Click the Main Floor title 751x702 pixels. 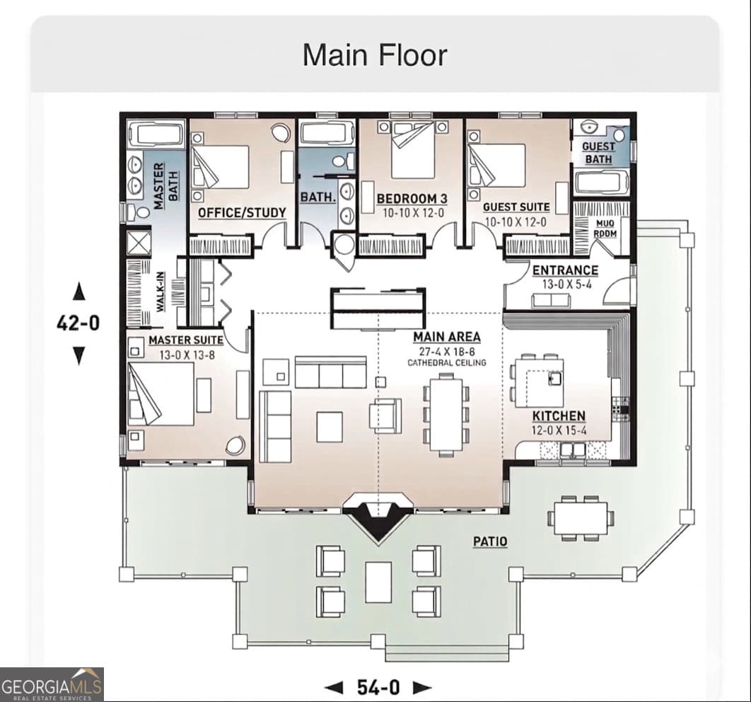pyautogui.click(x=375, y=54)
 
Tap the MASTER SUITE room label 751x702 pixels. pyautogui.click(x=185, y=340)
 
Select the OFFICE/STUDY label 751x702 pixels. pyautogui.click(x=242, y=212)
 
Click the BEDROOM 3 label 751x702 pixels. pyautogui.click(x=412, y=199)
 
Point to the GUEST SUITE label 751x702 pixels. pyautogui.click(x=516, y=207)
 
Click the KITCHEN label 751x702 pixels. pyautogui.click(x=559, y=415)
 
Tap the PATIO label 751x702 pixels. pyautogui.click(x=490, y=541)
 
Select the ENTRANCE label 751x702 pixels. pyautogui.click(x=565, y=270)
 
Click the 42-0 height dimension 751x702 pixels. pyautogui.click(x=78, y=323)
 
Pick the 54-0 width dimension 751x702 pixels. pyautogui.click(x=378, y=686)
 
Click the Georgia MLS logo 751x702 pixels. pyautogui.click(x=52, y=684)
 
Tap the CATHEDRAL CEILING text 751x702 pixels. pyautogui.click(x=446, y=363)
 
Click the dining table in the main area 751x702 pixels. pyautogui.click(x=446, y=415)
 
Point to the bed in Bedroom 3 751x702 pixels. pyautogui.click(x=412, y=150)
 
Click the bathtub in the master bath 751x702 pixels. pyautogui.click(x=156, y=134)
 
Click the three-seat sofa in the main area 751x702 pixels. pyautogui.click(x=330, y=372)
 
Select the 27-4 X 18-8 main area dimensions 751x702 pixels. pyautogui.click(x=446, y=351)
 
